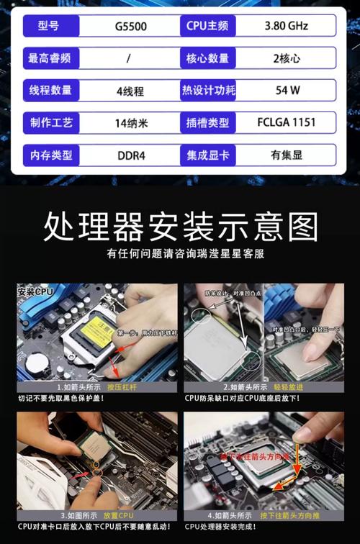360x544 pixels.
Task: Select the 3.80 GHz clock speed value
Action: coord(287,27)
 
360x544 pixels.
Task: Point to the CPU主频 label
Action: coord(207,27)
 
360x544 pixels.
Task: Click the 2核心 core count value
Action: coord(287,58)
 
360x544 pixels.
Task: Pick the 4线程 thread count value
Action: coord(130,91)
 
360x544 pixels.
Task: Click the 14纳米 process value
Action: coord(131,123)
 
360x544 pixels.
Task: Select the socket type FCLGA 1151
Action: coord(287,122)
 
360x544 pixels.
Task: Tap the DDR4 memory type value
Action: coord(130,155)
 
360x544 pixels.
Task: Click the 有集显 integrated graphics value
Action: coord(287,154)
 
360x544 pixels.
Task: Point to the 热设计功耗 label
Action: coord(207,91)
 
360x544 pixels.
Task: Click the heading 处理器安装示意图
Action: coord(180,225)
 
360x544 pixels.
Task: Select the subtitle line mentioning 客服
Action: coord(180,253)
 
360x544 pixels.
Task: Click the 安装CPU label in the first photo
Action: coord(36,292)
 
